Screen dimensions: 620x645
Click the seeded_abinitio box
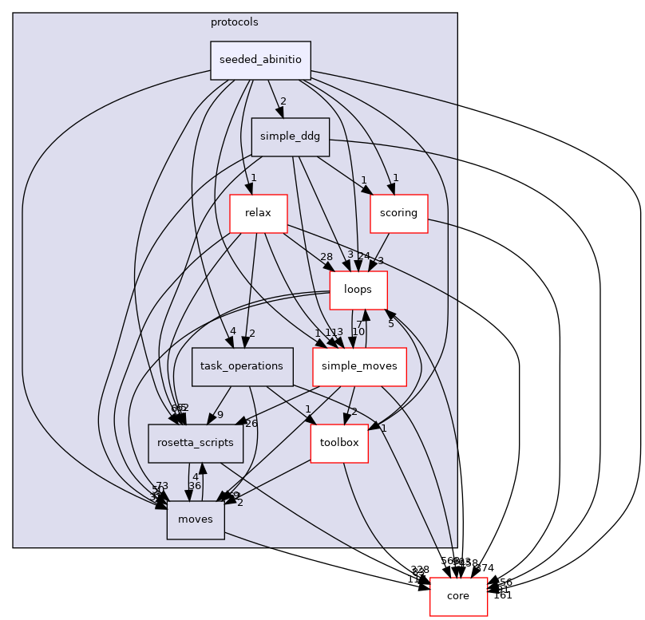260,61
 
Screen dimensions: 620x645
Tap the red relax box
258,214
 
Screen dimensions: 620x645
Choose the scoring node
398,213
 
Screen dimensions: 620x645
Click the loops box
359,290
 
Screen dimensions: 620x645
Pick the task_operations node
231,366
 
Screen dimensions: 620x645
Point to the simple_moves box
359,366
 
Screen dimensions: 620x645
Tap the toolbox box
339,443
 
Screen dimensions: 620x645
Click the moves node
196,519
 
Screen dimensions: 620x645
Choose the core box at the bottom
458,596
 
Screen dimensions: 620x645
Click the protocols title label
235,22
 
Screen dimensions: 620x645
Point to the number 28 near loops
326,257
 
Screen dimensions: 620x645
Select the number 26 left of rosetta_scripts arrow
251,423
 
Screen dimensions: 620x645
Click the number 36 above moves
194,485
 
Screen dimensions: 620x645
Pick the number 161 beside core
503,594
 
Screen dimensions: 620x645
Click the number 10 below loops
358,331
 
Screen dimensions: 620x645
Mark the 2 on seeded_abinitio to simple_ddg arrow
283,101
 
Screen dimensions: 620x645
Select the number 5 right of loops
391,323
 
